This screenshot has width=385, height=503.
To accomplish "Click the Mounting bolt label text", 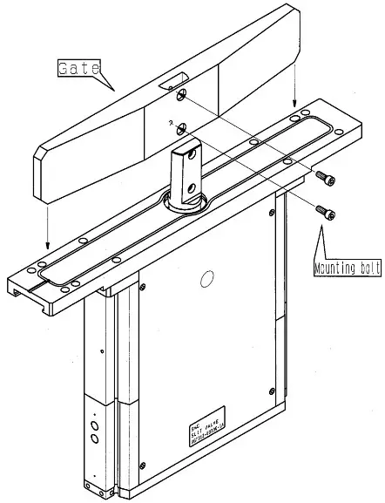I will click(x=347, y=268).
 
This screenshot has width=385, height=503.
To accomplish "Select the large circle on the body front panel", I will click(x=206, y=280).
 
